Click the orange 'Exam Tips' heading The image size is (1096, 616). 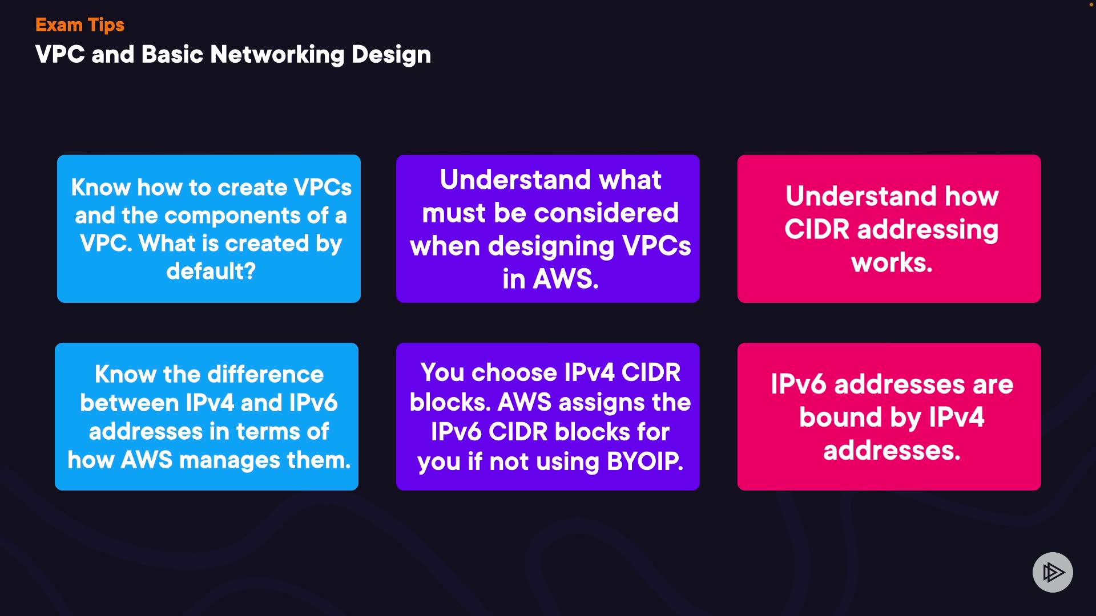tap(79, 25)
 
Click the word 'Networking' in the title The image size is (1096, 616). tap(277, 55)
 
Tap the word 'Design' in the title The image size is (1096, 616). tap(391, 55)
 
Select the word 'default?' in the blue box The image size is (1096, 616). tap(211, 271)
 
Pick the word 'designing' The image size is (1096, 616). tap(551, 246)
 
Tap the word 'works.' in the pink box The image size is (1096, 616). tap(891, 263)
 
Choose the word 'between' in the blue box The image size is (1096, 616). tap(129, 403)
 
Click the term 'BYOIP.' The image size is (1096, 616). tap(644, 461)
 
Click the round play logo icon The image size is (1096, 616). tap(1052, 572)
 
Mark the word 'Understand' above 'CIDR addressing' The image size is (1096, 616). tap(861, 196)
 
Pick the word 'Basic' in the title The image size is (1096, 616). tap(172, 55)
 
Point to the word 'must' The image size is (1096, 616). tap(453, 213)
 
